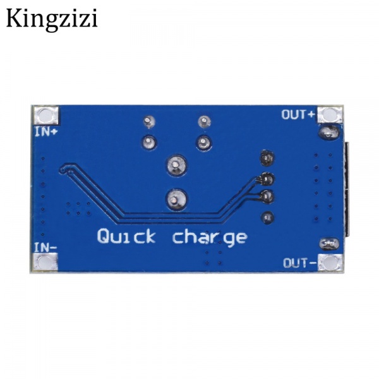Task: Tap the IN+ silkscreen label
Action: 45,131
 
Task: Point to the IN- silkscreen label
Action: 45,247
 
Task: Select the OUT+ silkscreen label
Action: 298,114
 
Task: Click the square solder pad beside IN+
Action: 47,115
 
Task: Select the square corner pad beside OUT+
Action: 329,115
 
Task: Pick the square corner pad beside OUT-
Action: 330,262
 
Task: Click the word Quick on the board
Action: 126,237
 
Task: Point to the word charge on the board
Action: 210,238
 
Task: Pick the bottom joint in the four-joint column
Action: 267,217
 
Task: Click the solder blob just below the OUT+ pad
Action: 328,133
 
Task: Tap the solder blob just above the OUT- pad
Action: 328,244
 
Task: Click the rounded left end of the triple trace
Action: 63,169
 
